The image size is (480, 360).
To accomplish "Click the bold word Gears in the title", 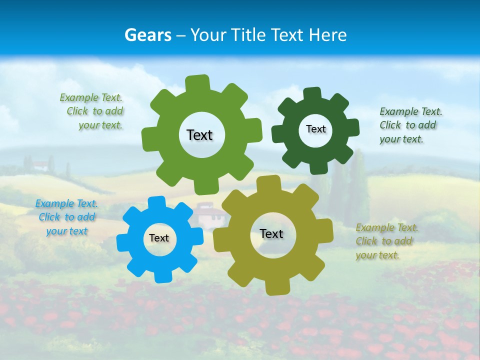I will click(147, 35).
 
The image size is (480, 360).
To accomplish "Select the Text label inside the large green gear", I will click(199, 135).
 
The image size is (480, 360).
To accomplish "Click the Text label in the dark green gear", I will click(315, 129).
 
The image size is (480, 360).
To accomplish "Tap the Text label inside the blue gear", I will click(159, 238).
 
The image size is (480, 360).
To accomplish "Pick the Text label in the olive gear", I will click(271, 233).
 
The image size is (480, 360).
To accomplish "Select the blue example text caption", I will click(66, 217).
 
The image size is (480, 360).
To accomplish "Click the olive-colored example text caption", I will click(386, 241).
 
